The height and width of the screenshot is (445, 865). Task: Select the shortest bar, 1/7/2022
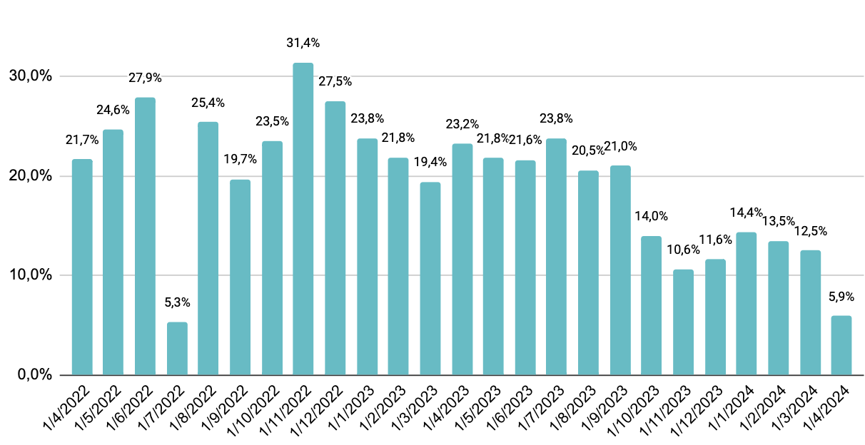177,349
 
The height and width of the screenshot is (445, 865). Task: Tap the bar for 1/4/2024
841,345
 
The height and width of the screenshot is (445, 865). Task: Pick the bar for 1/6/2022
146,236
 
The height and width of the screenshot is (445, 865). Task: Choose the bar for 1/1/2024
746,303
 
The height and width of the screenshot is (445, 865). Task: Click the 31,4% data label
303,44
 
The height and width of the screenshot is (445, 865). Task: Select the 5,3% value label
177,302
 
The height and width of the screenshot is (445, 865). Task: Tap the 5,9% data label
841,296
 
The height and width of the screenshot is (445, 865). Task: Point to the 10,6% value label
682,250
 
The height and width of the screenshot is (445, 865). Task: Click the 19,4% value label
430,162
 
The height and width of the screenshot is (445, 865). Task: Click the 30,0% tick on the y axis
30,76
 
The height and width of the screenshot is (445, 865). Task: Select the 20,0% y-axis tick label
30,176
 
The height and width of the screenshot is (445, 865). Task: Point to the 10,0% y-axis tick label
30,275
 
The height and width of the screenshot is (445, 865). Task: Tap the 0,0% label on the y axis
34,375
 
